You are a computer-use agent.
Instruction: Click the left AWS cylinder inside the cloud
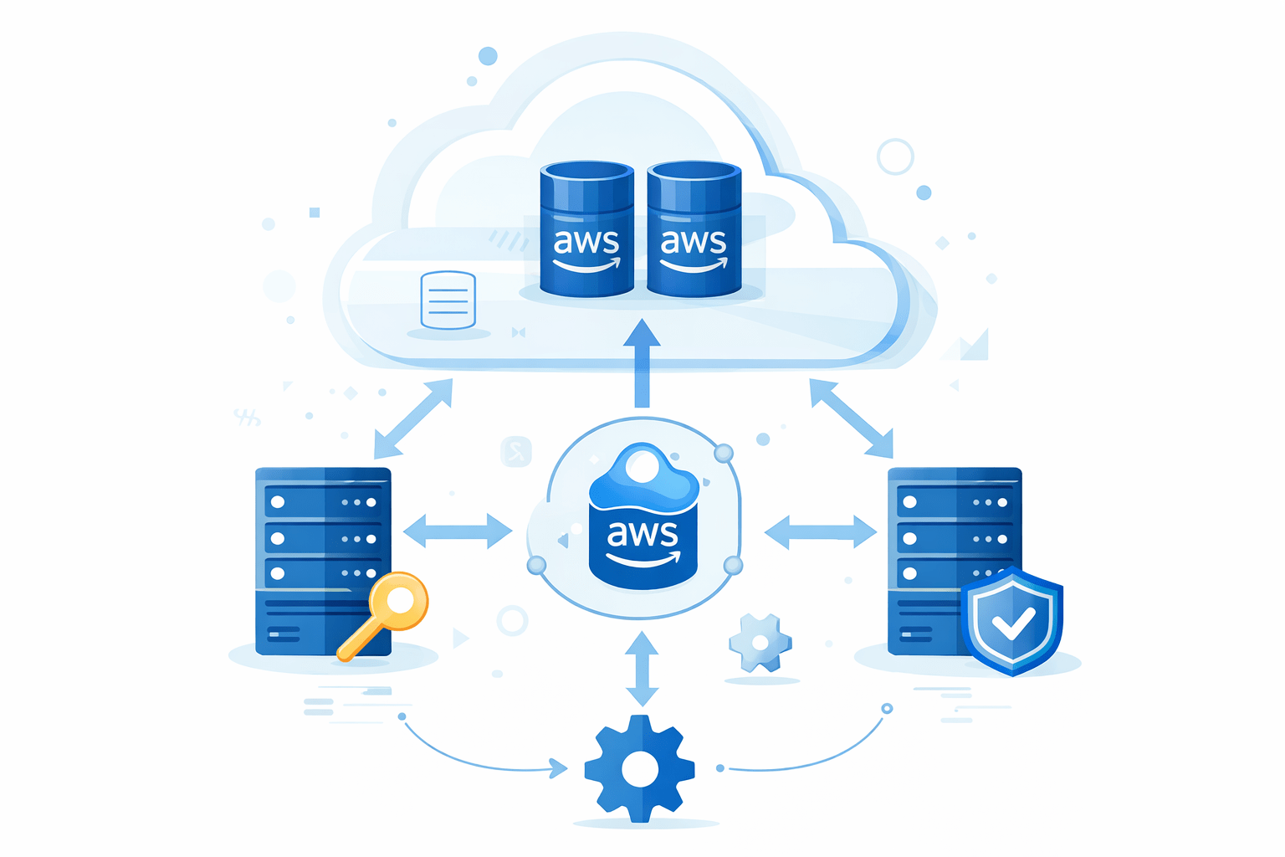tap(586, 229)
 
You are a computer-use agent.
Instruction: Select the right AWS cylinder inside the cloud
tap(694, 229)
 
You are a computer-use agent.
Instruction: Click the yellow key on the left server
tap(385, 614)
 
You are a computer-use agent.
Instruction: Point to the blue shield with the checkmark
tap(1011, 619)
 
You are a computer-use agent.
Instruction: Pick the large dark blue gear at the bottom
tap(640, 768)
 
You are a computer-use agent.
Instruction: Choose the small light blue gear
tap(760, 643)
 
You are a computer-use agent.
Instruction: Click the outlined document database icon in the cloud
tap(448, 300)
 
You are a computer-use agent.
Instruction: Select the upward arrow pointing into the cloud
tap(642, 363)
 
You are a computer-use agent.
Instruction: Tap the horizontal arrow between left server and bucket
tap(458, 531)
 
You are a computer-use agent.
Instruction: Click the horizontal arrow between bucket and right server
tap(821, 531)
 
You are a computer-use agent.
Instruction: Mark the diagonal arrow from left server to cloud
tap(413, 418)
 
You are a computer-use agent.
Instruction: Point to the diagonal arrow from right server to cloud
tap(851, 418)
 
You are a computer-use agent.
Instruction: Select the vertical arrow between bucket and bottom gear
tap(642, 668)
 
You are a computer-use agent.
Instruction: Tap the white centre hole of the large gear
tap(640, 769)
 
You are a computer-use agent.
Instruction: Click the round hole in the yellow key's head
tap(400, 599)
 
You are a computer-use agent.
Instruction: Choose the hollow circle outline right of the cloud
tap(895, 157)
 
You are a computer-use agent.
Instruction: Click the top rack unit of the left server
tap(323, 502)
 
